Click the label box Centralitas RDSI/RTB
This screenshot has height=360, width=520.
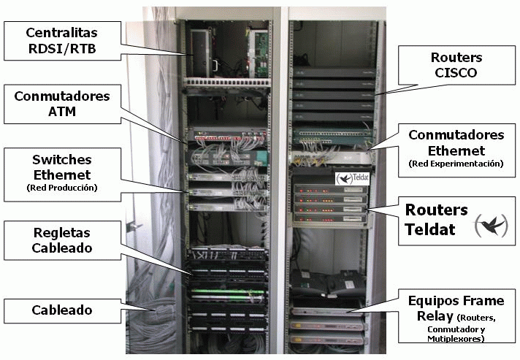(61, 42)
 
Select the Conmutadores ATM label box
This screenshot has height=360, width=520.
(61, 104)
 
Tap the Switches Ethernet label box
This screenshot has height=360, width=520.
(61, 173)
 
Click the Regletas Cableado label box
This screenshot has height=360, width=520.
(61, 240)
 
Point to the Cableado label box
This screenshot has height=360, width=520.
(61, 310)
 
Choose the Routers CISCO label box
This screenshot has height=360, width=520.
(455, 66)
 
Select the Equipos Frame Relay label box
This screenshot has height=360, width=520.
(456, 315)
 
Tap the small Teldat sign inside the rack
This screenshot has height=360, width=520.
(351, 177)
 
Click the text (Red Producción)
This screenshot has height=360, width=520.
(61, 188)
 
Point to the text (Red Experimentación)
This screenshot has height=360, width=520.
(456, 164)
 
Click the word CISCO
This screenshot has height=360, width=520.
(455, 74)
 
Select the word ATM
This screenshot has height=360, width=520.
(61, 112)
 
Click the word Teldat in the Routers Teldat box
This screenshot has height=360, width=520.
(431, 229)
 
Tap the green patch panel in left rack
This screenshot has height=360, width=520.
(226, 295)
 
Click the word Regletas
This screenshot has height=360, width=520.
(61, 232)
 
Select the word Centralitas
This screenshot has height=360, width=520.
(61, 34)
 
